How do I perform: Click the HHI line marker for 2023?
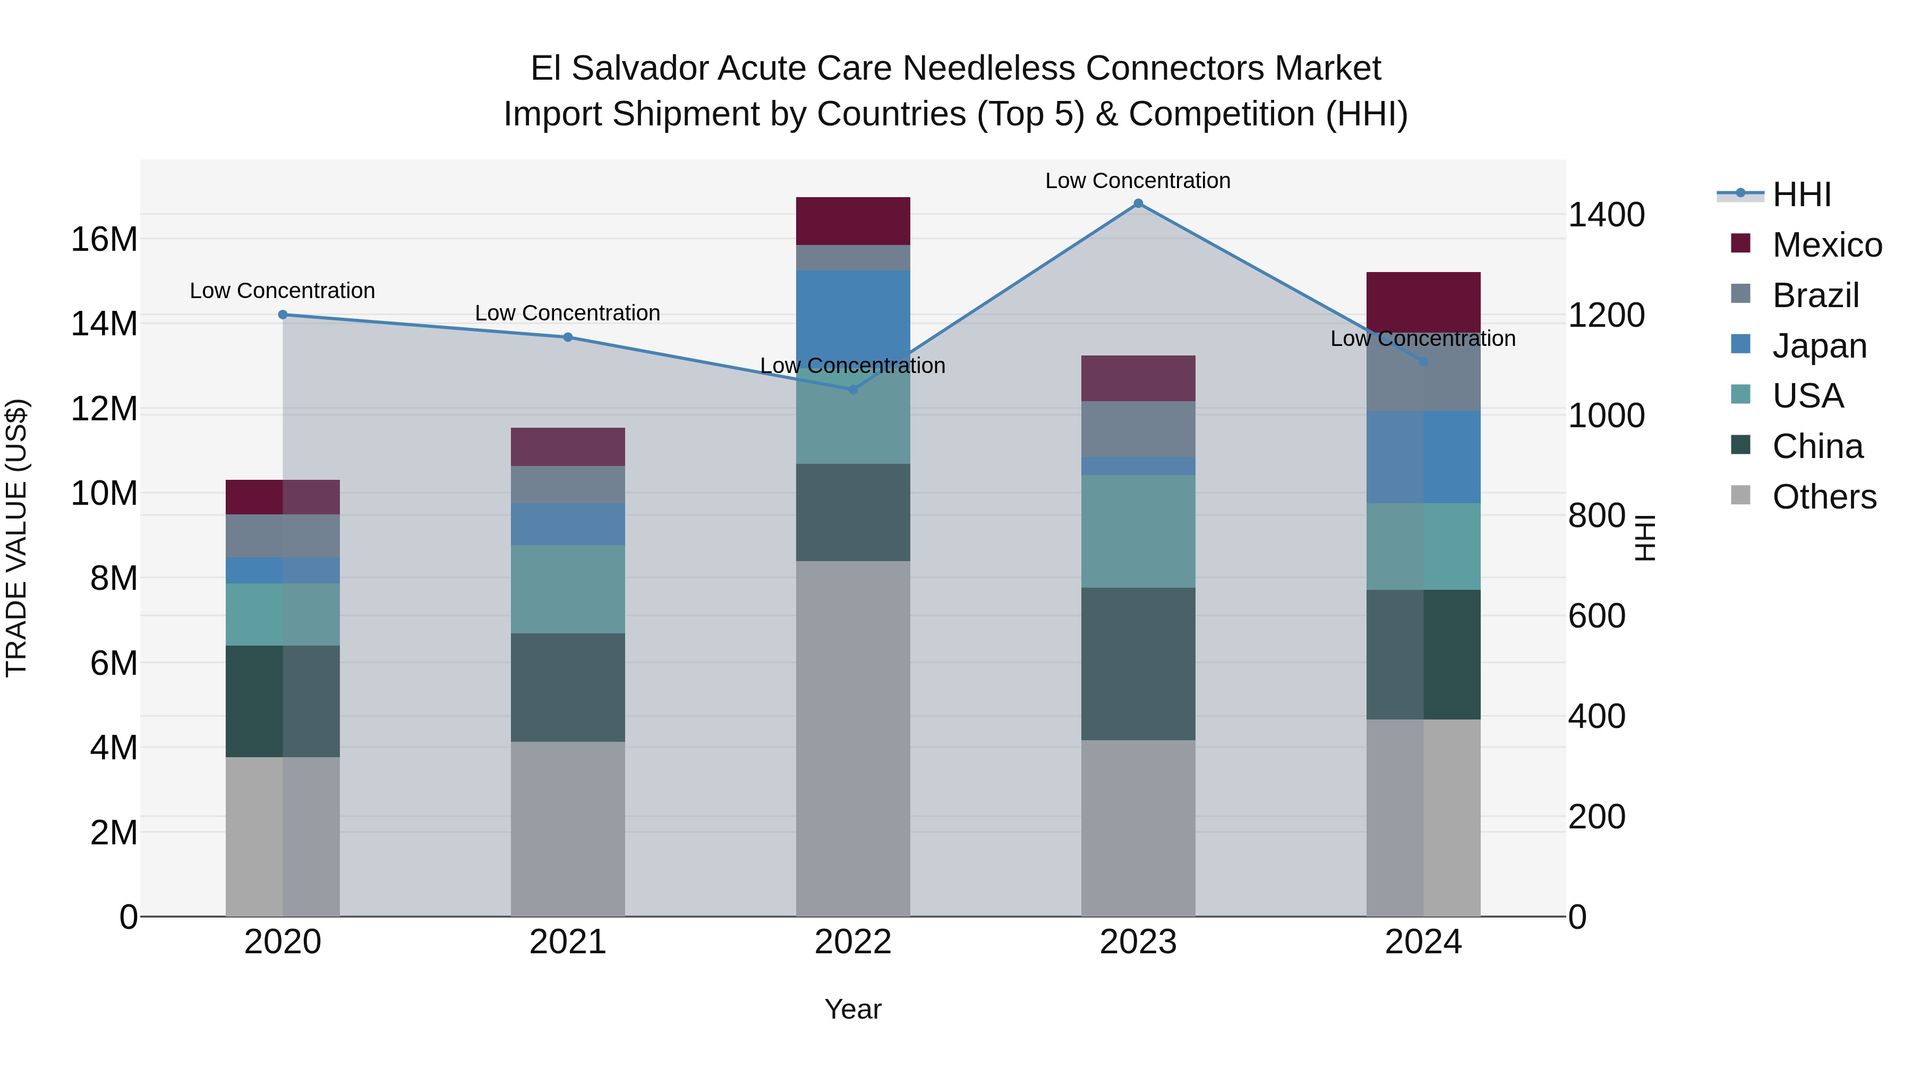pyautogui.click(x=1138, y=204)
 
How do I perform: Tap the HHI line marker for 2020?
pyautogui.click(x=283, y=315)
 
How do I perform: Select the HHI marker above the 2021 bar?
pyautogui.click(x=568, y=337)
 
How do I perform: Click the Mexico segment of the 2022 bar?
pyautogui.click(x=853, y=221)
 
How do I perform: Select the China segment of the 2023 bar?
pyautogui.click(x=1138, y=664)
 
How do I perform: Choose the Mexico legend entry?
pyautogui.click(x=1826, y=245)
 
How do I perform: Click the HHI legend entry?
pyautogui.click(x=1802, y=194)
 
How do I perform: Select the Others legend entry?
pyautogui.click(x=1824, y=497)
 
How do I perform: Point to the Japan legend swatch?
pyautogui.click(x=1740, y=344)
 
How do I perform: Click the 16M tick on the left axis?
pyautogui.click(x=104, y=240)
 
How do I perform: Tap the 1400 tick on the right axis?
pyautogui.click(x=1606, y=215)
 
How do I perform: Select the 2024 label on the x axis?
pyautogui.click(x=1423, y=942)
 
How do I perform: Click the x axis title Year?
pyautogui.click(x=853, y=1009)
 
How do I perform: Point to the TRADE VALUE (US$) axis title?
pyautogui.click(x=16, y=538)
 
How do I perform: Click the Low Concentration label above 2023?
pyautogui.click(x=1138, y=181)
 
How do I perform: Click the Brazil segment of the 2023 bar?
pyautogui.click(x=1138, y=429)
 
